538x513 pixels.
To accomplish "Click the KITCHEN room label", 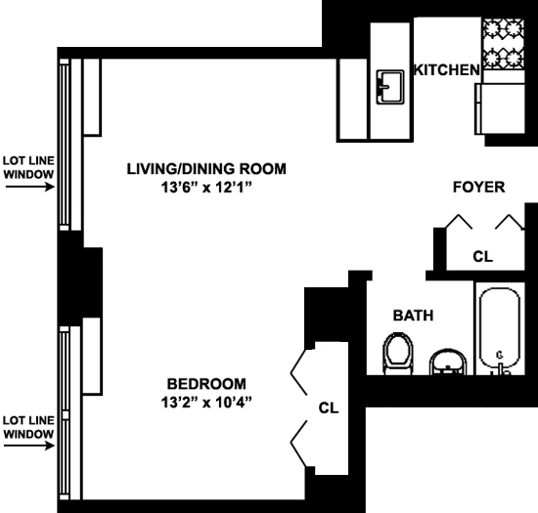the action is tap(446, 70).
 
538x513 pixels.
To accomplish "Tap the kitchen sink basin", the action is tap(390, 87).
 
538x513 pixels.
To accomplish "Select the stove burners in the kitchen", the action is tap(504, 44).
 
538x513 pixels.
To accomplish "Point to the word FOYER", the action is tap(478, 187).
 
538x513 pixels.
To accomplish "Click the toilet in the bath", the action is tap(398, 353).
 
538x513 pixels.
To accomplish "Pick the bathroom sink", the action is tap(448, 362).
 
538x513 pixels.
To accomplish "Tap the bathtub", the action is tap(500, 329).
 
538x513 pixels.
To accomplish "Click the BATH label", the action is tap(413, 316).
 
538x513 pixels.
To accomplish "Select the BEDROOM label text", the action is tap(206, 384).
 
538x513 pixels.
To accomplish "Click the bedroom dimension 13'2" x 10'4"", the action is tap(206, 403).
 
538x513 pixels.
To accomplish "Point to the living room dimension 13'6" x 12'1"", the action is tap(206, 187).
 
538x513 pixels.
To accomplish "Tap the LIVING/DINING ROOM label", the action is tap(206, 169).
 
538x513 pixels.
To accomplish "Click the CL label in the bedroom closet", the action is tap(329, 407).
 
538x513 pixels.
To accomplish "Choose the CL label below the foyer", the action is tap(483, 256).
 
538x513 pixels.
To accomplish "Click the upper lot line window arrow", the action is tap(30, 187).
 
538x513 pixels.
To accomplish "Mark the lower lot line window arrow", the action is tap(29, 446).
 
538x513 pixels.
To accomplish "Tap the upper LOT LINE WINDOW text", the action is tap(28, 167).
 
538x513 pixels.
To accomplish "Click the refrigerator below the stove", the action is tap(500, 108).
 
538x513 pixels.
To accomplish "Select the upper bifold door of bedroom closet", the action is tap(299, 372).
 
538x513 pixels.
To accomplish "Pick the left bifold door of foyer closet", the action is tap(459, 222).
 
